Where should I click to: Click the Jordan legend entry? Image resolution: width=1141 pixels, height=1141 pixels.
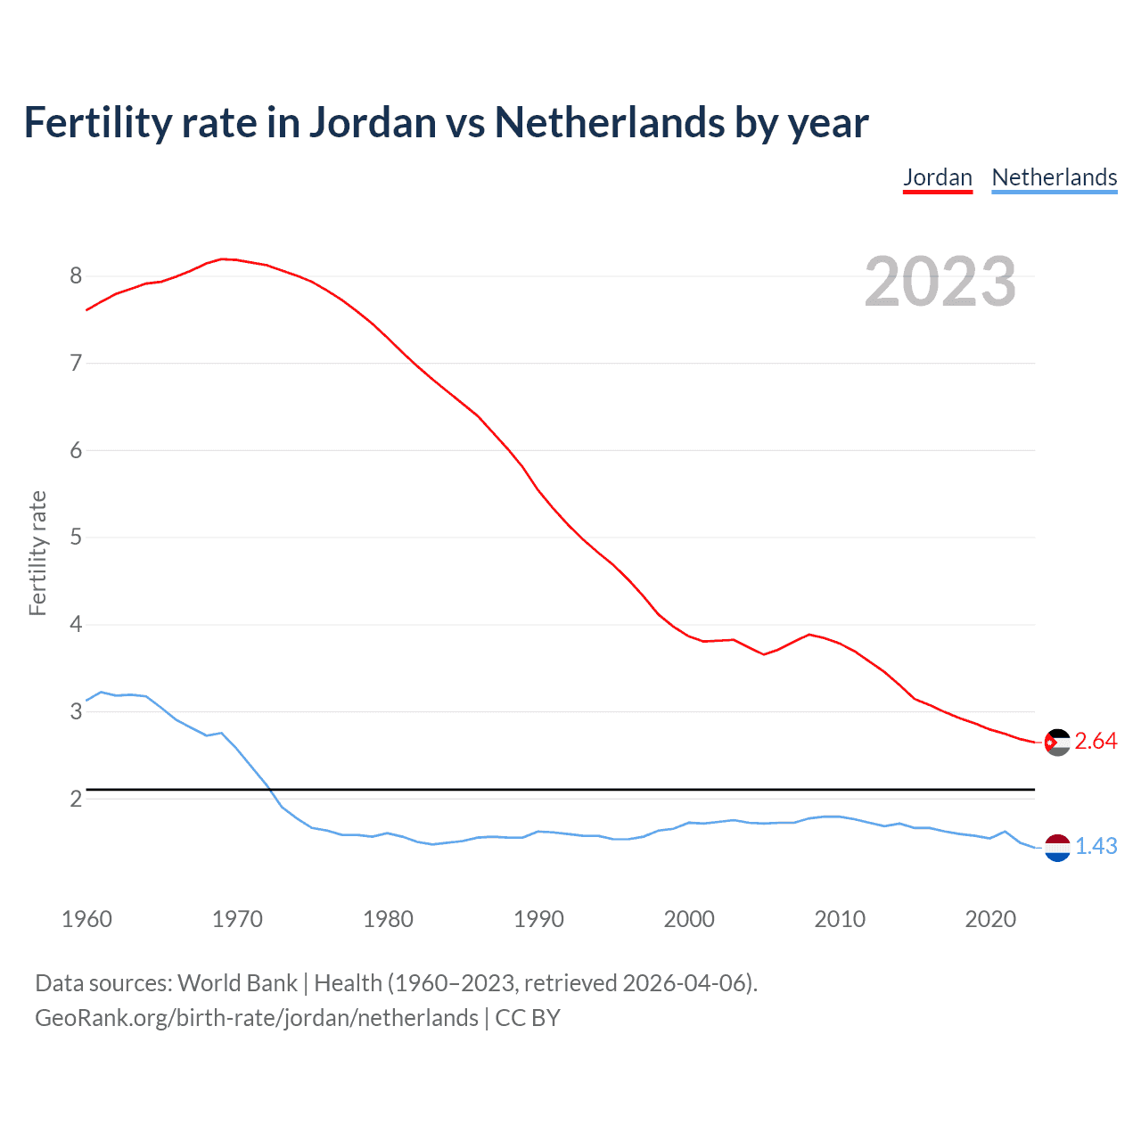click(x=937, y=177)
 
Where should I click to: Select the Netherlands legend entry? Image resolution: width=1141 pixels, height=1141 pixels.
click(x=1054, y=177)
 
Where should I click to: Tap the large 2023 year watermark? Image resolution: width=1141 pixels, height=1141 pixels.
click(x=940, y=282)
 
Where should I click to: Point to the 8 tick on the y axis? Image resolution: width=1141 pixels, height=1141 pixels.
click(x=76, y=275)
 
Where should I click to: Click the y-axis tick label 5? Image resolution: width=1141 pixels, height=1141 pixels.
click(x=76, y=537)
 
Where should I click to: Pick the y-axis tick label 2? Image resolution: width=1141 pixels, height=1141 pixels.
click(x=76, y=798)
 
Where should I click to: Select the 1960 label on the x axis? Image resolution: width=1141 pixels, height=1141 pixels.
click(x=86, y=919)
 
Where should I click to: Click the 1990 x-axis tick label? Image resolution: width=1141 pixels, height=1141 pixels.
click(x=538, y=919)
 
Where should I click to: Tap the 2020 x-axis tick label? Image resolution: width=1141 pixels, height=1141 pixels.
click(x=990, y=919)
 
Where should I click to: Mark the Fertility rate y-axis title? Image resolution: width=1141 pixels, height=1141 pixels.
click(x=37, y=553)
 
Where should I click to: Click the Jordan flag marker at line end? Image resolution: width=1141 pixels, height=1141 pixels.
click(x=1056, y=742)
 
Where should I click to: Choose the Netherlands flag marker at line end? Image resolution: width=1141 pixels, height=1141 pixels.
click(x=1056, y=847)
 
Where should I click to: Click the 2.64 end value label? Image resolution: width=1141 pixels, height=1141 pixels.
click(x=1096, y=742)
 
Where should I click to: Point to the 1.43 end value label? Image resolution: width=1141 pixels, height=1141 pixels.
click(x=1096, y=847)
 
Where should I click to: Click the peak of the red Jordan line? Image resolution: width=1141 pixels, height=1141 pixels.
click(x=223, y=259)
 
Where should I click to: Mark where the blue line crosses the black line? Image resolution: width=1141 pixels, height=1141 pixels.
click(x=267, y=789)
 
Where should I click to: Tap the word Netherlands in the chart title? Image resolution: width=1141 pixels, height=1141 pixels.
click(x=610, y=122)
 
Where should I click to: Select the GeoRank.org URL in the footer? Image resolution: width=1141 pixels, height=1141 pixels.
click(x=257, y=1018)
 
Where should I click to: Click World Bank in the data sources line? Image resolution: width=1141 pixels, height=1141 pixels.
click(x=237, y=983)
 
